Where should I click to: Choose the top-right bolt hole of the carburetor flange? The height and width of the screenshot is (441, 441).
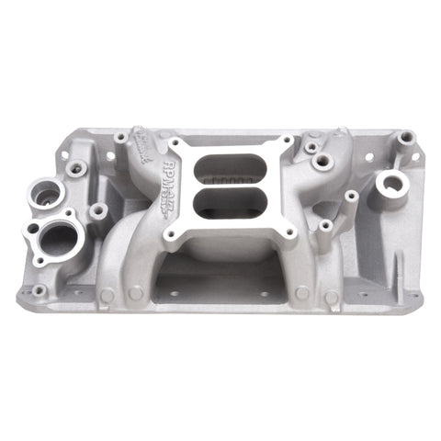click(288, 143)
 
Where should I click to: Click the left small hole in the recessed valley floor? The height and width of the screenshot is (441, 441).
click(172, 293)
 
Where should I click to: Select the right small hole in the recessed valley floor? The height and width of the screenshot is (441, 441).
click(263, 294)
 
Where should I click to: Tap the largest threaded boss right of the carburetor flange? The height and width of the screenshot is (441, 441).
click(322, 162)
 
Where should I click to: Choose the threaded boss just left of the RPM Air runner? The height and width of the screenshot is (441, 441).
click(120, 137)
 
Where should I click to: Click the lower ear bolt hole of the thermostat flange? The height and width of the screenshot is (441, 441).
click(39, 261)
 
